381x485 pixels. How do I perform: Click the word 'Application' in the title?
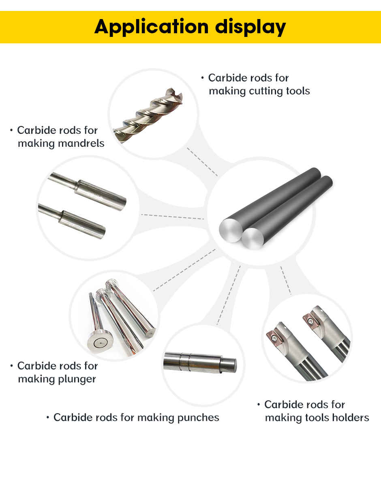[152, 27]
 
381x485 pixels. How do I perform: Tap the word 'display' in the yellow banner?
[250, 27]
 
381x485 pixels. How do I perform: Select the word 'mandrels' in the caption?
[81, 143]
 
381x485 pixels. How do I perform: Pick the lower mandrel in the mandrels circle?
[72, 221]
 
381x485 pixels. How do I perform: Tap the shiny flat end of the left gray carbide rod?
[231, 230]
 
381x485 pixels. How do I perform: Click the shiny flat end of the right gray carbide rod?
[253, 239]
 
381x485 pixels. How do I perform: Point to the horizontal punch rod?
[200, 363]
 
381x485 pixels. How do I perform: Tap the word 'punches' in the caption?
[198, 418]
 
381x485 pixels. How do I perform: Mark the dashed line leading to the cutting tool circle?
[202, 162]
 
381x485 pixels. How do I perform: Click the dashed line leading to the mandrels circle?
[173, 217]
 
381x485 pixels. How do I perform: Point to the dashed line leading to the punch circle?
[229, 295]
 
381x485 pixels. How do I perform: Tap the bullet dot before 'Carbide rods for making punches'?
[48, 418]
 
